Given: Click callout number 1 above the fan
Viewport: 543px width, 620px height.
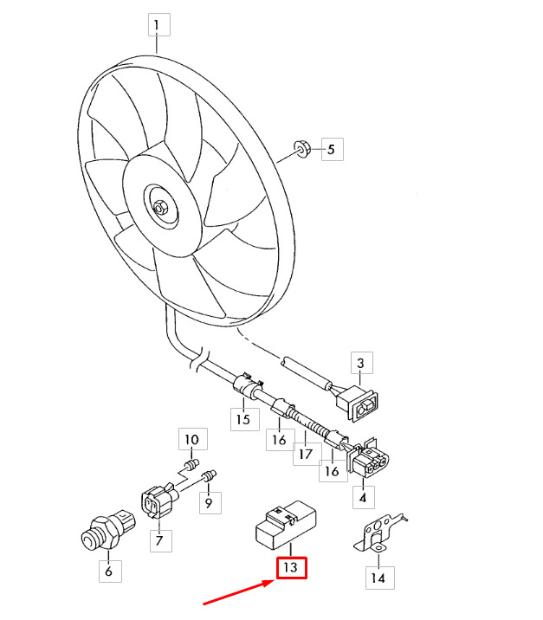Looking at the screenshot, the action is click(x=159, y=24).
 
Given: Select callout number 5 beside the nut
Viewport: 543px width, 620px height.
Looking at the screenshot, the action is click(x=333, y=149).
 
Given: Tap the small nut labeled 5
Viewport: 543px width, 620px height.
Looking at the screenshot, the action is click(x=301, y=148).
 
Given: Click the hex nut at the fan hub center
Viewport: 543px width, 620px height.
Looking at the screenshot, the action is click(x=160, y=208).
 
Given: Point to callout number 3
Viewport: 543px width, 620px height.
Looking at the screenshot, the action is click(x=361, y=363).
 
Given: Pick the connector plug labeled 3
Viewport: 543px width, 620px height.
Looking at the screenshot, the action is click(x=357, y=403).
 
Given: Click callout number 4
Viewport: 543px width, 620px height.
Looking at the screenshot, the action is click(x=364, y=497).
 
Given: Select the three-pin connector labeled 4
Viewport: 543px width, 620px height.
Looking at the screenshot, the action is click(x=367, y=458).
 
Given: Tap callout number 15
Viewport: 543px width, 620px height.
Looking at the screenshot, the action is click(x=245, y=419).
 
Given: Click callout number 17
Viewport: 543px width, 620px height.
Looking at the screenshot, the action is click(x=307, y=454).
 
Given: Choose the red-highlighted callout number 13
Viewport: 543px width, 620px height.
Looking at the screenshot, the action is click(x=292, y=567).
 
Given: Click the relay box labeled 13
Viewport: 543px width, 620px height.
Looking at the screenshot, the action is click(x=286, y=524).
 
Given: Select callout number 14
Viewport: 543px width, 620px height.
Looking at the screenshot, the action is click(x=379, y=578).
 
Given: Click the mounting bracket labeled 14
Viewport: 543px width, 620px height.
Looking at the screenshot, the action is click(x=378, y=533).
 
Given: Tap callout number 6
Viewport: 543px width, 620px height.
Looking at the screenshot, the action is click(x=110, y=571).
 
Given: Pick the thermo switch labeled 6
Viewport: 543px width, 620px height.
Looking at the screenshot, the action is click(x=107, y=530).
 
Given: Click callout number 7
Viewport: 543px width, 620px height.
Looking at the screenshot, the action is click(x=160, y=540).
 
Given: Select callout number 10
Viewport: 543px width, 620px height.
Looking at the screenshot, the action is click(x=193, y=439).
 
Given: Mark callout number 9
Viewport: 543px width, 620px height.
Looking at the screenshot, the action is click(x=210, y=502).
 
